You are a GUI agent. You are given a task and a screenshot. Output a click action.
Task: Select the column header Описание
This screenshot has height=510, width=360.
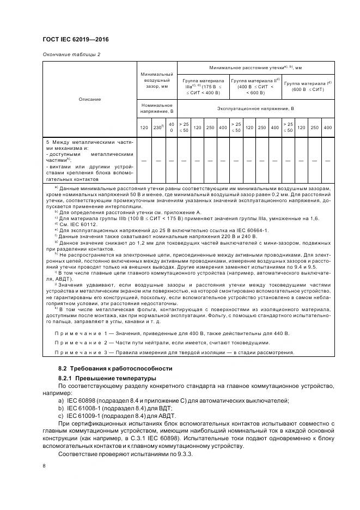coord(89,99)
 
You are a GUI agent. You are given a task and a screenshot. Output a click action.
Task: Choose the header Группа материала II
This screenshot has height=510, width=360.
coord(255,86)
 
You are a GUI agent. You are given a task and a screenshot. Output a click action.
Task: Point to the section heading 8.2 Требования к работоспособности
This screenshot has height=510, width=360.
coord(114,368)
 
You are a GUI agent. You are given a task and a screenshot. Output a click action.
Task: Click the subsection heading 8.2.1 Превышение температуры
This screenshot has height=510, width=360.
coord(107,378)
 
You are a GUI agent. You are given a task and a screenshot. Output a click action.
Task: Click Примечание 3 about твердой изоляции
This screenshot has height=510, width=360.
coord(174,353)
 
